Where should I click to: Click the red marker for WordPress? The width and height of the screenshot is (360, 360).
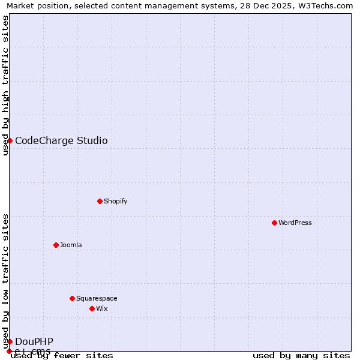274,223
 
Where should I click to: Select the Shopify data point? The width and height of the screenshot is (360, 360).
100,201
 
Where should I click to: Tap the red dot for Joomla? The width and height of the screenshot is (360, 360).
56,245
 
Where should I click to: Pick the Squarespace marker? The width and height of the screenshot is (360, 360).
72,298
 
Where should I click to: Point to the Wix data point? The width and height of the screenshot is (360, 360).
92,308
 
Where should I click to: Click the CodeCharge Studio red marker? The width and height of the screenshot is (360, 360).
10,140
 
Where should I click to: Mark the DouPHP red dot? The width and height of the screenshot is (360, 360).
10,341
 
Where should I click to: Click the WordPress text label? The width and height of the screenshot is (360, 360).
295,223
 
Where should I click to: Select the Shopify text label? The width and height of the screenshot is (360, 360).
116,201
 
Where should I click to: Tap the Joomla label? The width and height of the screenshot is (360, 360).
71,245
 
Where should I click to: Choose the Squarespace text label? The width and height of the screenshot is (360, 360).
97,298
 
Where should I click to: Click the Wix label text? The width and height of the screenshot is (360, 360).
102,308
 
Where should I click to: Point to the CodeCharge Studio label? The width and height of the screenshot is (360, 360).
61,140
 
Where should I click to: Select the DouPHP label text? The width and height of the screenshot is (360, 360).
34,341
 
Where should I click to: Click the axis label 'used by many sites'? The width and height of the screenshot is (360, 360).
301,355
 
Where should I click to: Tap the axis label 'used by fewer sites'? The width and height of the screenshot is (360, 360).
62,355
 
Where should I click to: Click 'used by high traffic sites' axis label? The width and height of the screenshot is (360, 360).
5,85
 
